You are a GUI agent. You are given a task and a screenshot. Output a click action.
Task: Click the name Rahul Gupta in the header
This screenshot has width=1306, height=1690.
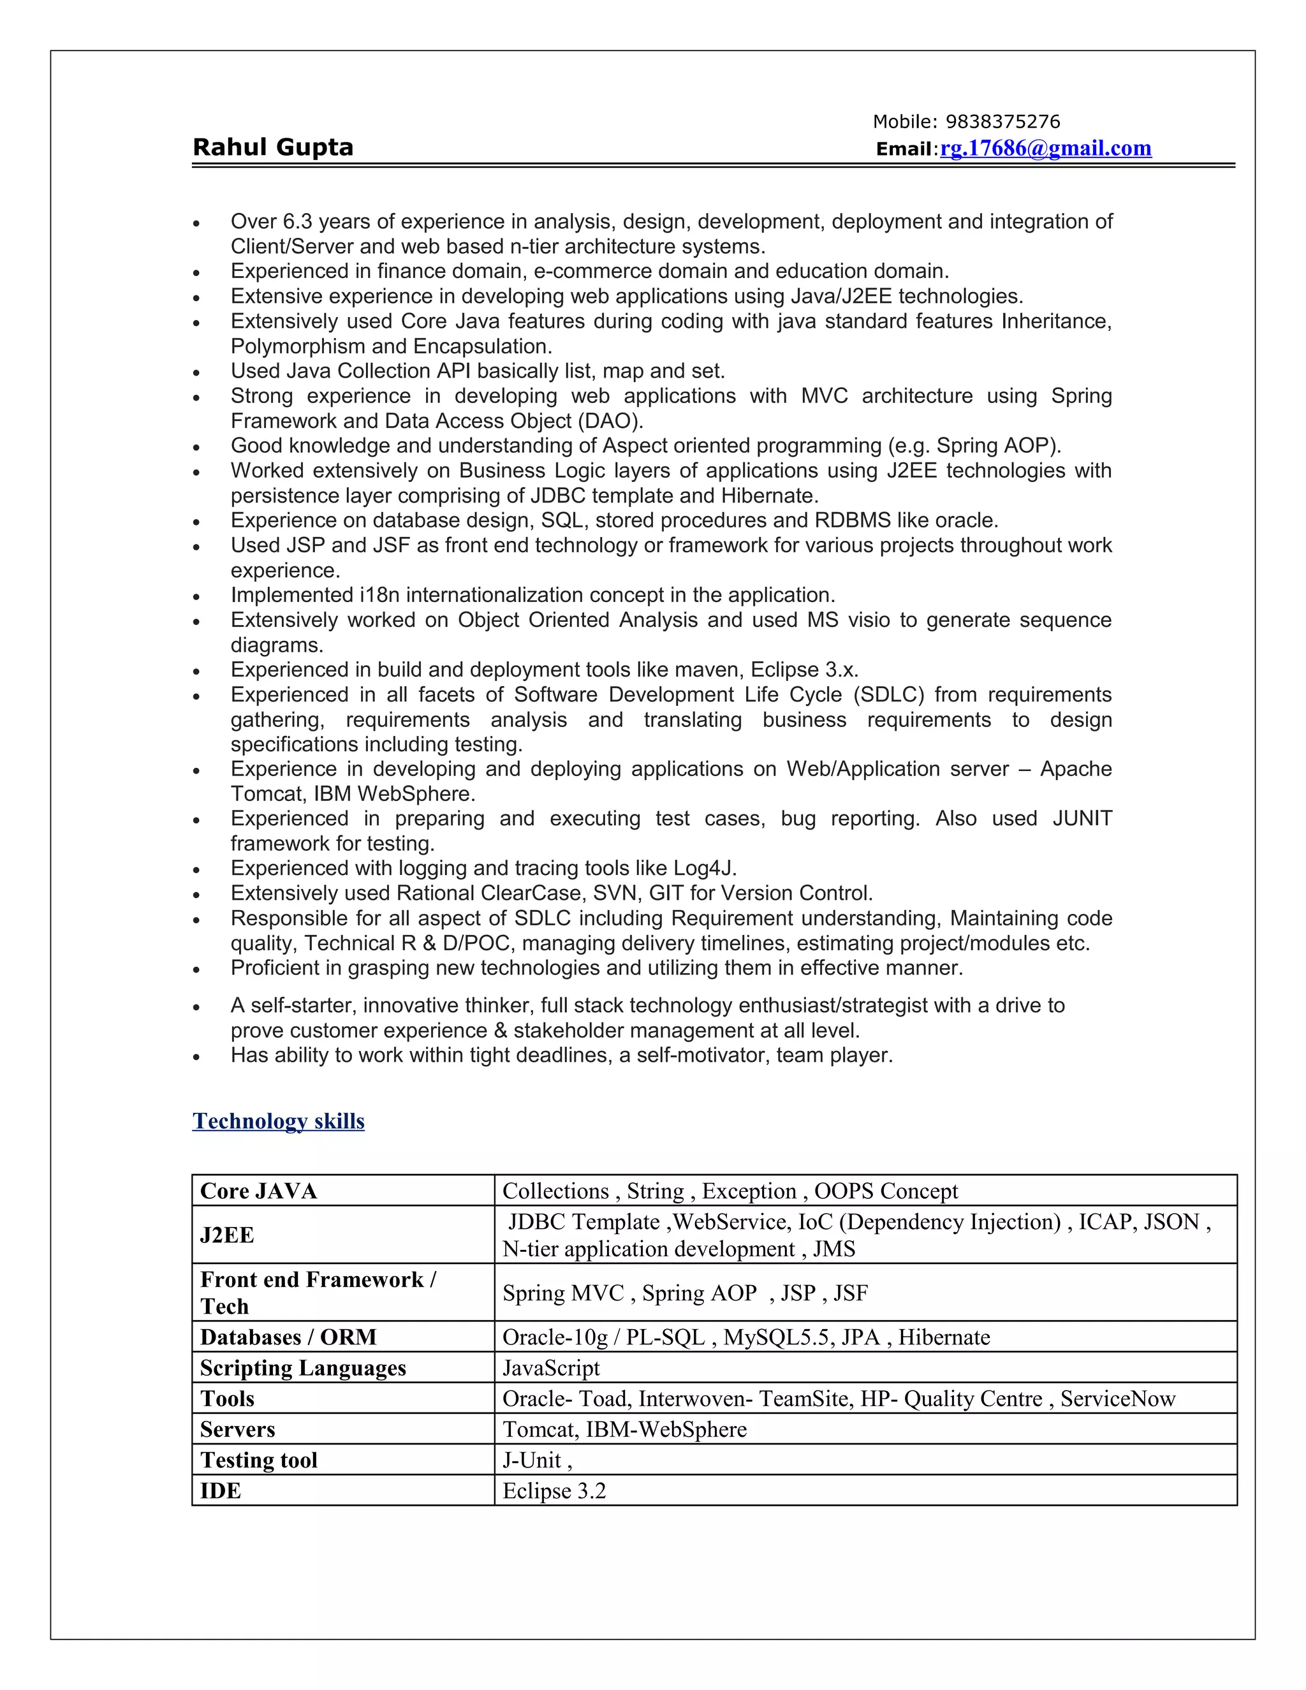tap(272, 147)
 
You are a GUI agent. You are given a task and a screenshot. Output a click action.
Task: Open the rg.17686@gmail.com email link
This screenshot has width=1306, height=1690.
tap(1045, 148)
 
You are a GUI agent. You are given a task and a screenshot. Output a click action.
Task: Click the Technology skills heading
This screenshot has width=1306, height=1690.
tap(278, 1121)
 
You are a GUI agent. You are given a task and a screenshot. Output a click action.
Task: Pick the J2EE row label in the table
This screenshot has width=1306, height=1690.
tap(226, 1235)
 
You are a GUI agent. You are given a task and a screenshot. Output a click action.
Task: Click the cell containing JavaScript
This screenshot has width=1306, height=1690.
tap(551, 1368)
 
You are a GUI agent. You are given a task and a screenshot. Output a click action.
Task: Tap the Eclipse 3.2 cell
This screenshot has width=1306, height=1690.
tap(554, 1491)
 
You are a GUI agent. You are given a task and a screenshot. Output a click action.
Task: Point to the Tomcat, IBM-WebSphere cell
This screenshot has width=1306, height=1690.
tap(624, 1429)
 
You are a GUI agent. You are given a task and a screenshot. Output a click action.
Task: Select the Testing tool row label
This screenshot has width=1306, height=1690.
tap(258, 1460)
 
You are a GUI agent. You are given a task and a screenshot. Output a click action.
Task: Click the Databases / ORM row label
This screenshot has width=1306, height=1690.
tap(288, 1337)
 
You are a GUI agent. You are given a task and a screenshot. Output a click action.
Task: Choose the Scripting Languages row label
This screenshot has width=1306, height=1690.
tap(302, 1368)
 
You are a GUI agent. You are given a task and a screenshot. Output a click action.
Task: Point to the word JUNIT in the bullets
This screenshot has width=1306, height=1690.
tap(1082, 819)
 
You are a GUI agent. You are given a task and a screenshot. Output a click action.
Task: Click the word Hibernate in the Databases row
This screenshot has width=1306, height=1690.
tap(944, 1337)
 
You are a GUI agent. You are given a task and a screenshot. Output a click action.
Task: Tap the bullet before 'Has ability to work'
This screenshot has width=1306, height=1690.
tap(196, 1057)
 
